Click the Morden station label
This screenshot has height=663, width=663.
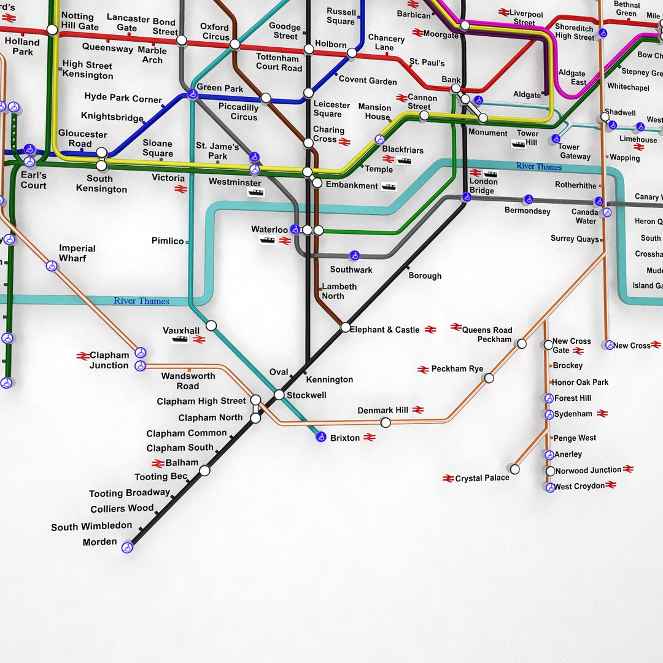(x=99, y=542)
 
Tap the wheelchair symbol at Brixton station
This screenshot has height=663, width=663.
(x=320, y=437)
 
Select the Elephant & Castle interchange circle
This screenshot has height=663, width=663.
(x=346, y=328)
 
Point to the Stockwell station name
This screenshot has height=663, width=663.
(x=306, y=395)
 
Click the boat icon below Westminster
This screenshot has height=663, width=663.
(x=255, y=193)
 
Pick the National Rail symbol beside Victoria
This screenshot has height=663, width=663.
(x=180, y=189)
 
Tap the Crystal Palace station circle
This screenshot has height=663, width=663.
(x=514, y=469)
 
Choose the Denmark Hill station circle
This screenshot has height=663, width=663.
(x=386, y=422)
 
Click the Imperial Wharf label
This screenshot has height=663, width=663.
(x=77, y=253)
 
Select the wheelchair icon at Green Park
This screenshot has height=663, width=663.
(x=193, y=95)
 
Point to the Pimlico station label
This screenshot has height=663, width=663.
(x=168, y=241)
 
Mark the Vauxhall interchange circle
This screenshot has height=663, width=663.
(x=211, y=325)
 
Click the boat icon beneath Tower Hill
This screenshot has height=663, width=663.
(x=518, y=145)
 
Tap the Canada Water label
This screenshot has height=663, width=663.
(x=585, y=216)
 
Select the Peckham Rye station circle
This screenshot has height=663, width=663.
(x=489, y=378)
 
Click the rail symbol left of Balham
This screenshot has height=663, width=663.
(x=158, y=463)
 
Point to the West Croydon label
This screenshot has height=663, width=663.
(x=580, y=486)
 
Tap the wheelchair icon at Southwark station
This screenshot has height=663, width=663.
(x=354, y=255)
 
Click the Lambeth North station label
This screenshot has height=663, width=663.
(x=339, y=291)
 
